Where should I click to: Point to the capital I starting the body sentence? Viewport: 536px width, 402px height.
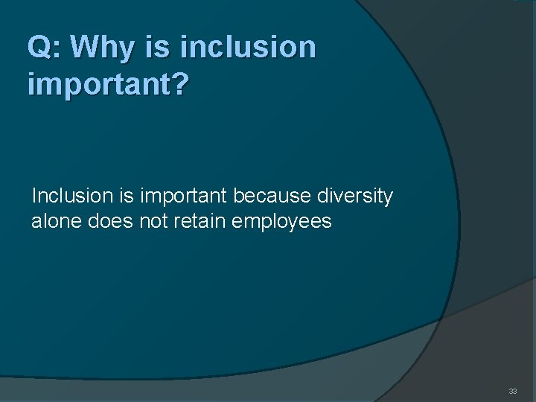point(34,197)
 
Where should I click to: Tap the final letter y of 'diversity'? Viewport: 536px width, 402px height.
point(389,200)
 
